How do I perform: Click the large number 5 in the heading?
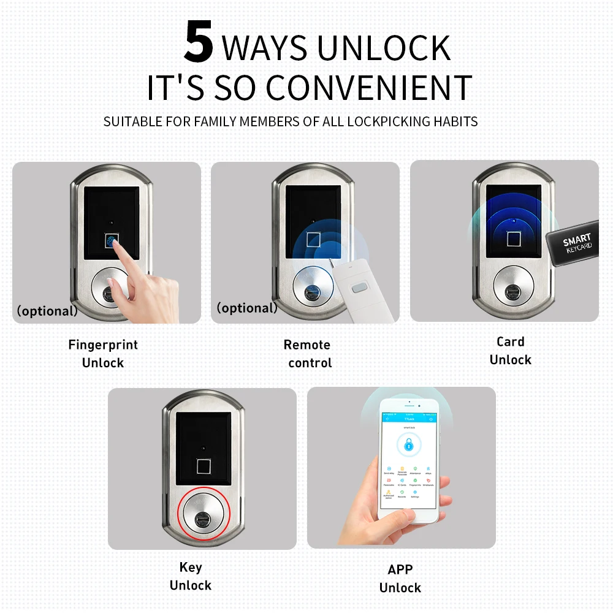point(199,42)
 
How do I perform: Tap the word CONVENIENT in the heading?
point(369,88)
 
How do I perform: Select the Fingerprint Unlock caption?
point(103,354)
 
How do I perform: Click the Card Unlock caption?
point(510,351)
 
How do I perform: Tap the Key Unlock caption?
point(190,576)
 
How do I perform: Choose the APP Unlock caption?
point(400,579)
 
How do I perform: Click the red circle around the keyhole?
point(204,517)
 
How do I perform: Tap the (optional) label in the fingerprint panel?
point(47,311)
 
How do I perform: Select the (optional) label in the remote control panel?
point(246,308)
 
